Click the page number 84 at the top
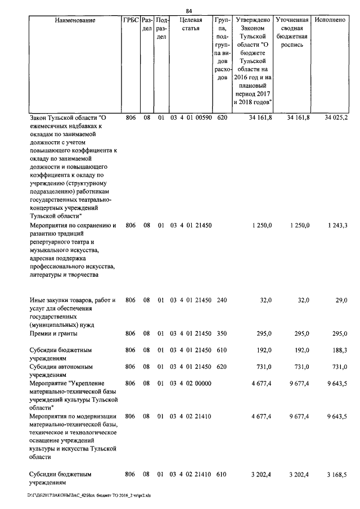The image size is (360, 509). [x=189, y=10]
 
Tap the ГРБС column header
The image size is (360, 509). [x=130, y=20]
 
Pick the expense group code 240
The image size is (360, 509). [x=222, y=300]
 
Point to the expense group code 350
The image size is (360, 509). [x=222, y=334]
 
